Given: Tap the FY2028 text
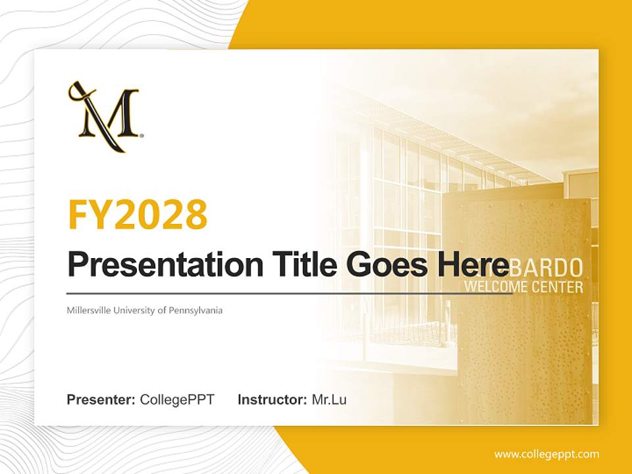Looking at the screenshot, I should click(138, 215).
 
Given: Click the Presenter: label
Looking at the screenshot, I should click(101, 400).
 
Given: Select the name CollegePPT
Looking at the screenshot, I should click(177, 400).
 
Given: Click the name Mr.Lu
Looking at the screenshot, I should click(329, 400).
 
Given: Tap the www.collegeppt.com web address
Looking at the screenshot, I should click(546, 454).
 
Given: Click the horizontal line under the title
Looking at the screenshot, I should click(290, 293).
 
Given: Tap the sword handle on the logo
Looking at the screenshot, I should click(76, 91).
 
